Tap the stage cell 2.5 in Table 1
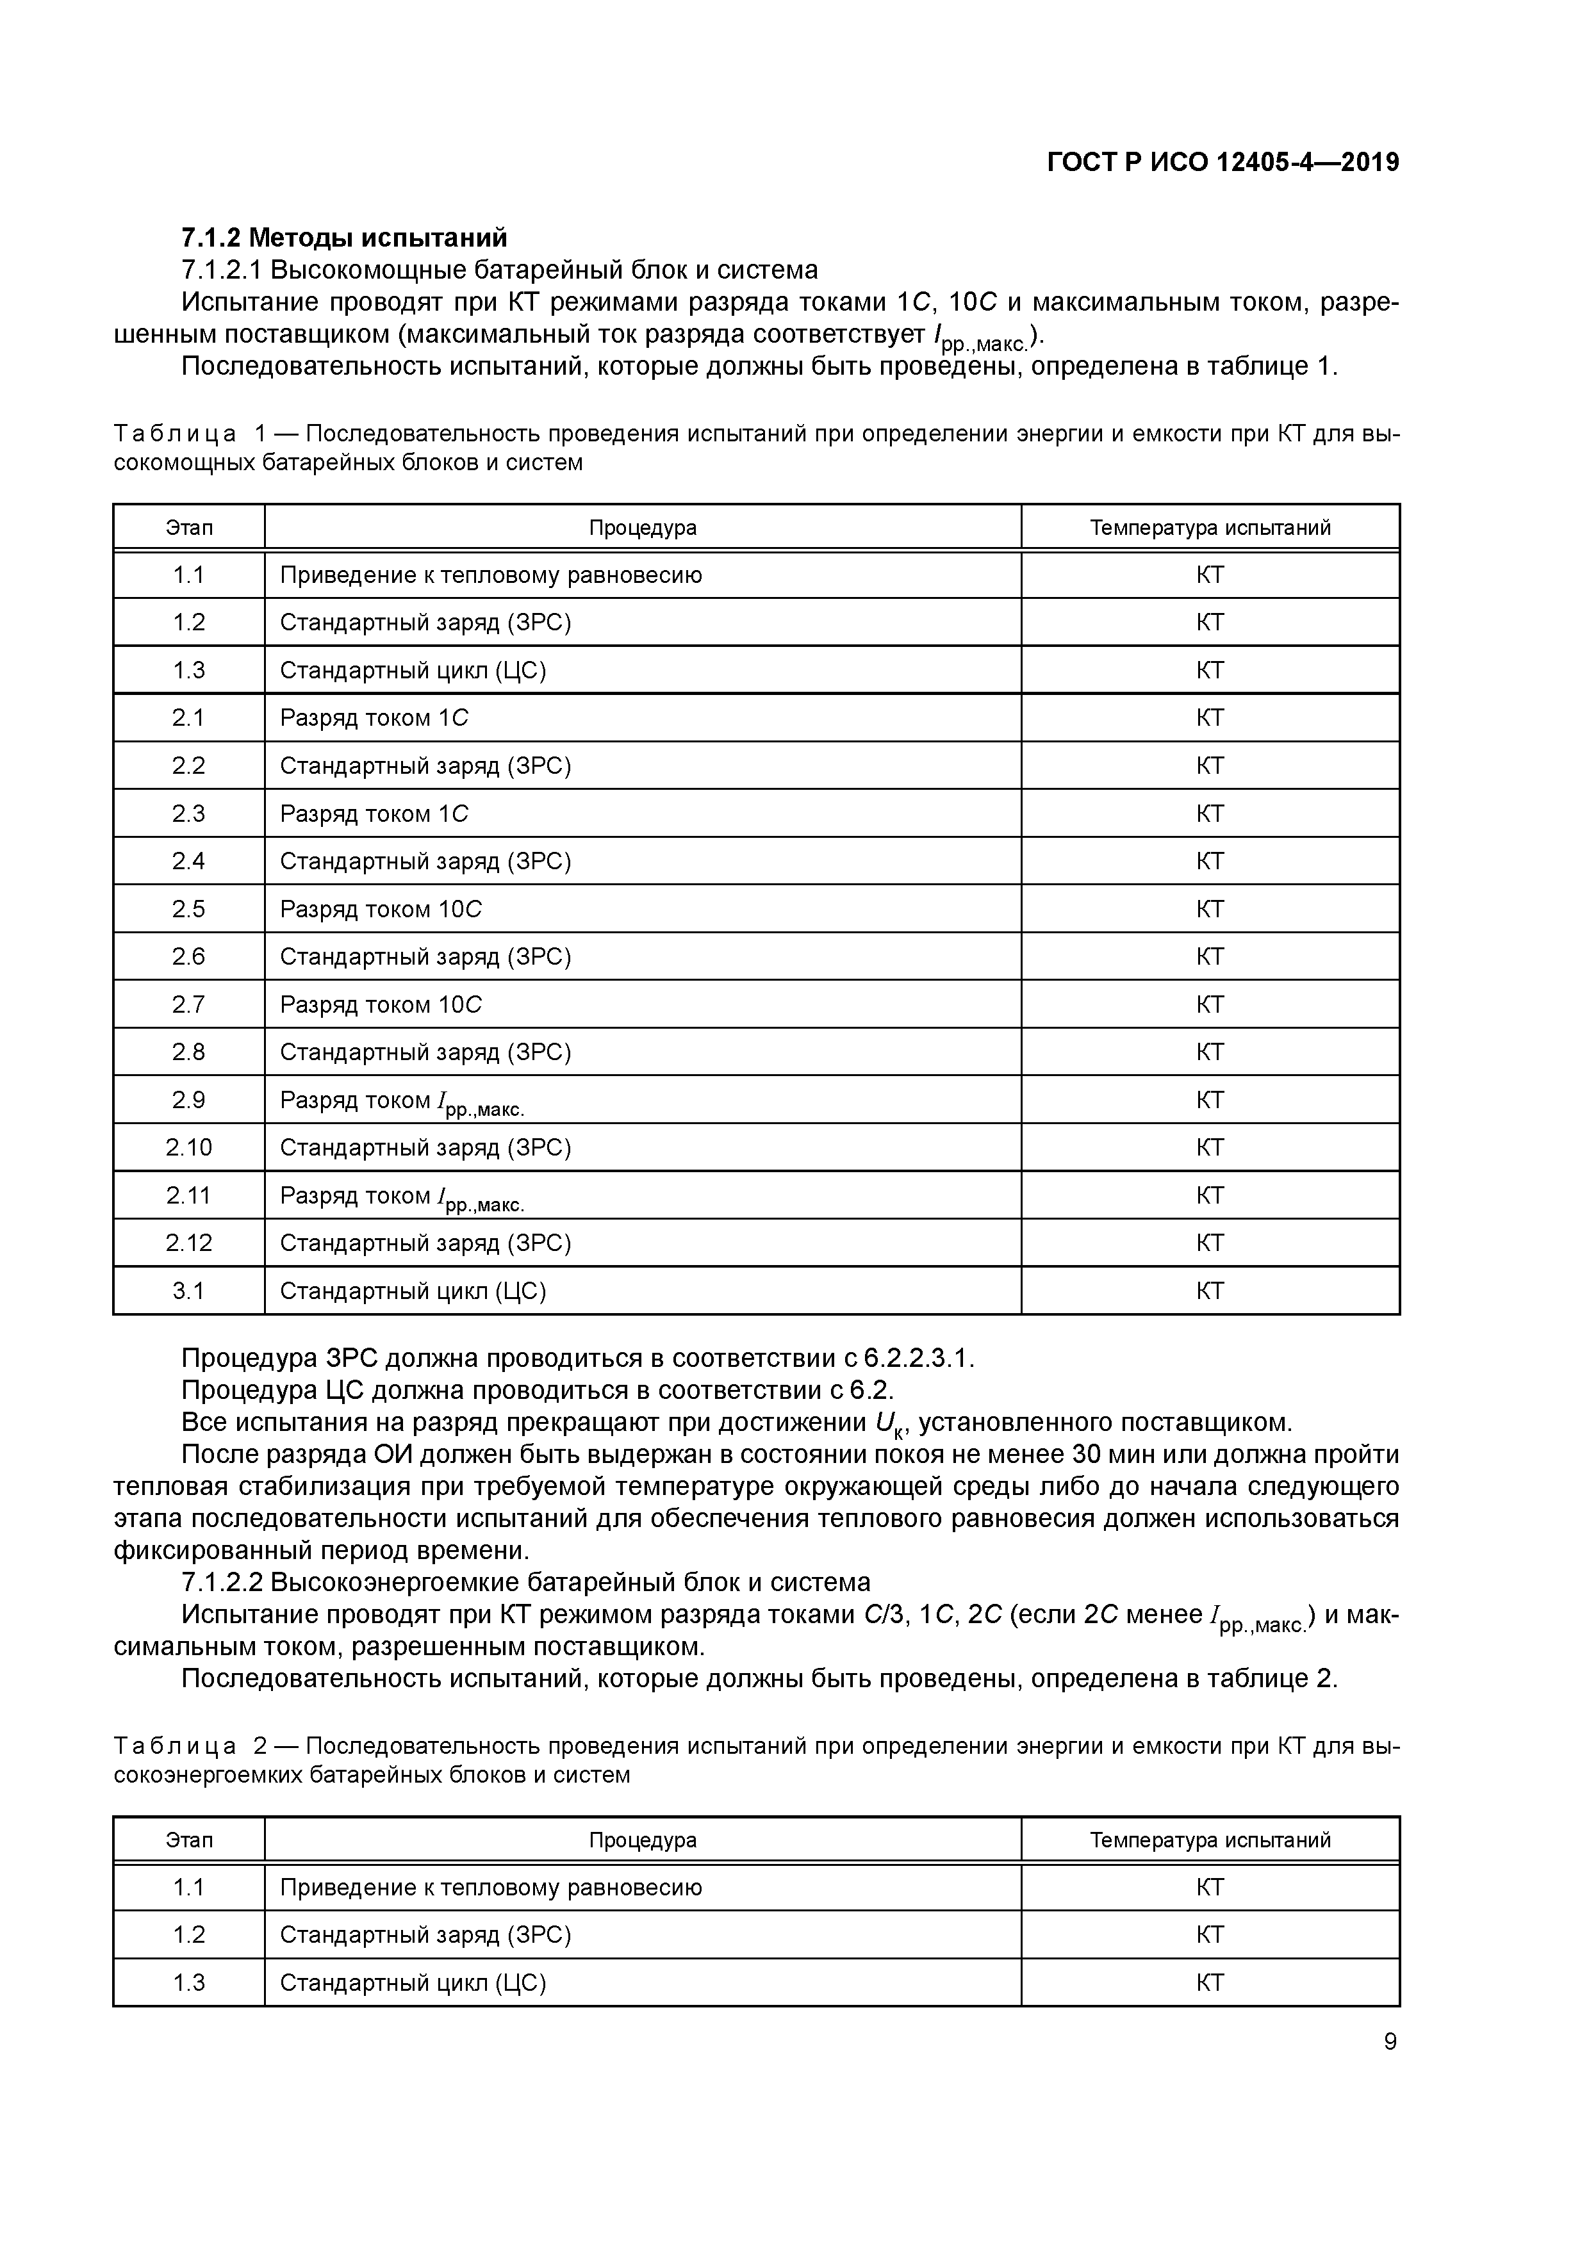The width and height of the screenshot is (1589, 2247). [x=189, y=909]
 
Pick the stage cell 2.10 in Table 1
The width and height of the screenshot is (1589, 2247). [x=189, y=1147]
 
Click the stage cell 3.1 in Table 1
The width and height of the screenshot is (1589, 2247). [x=189, y=1291]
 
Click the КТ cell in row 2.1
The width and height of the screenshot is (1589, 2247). [x=1210, y=718]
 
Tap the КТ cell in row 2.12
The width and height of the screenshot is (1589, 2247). [x=1210, y=1243]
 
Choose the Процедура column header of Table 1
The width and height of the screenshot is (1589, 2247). [x=642, y=528]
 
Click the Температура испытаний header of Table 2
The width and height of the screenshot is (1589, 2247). [x=1210, y=1840]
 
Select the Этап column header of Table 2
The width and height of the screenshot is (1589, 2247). [x=189, y=1840]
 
